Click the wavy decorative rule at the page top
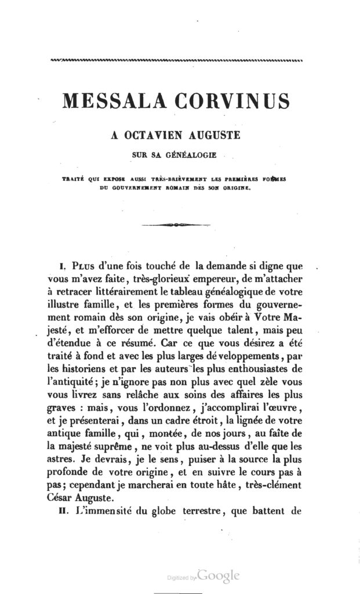click(180, 60)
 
